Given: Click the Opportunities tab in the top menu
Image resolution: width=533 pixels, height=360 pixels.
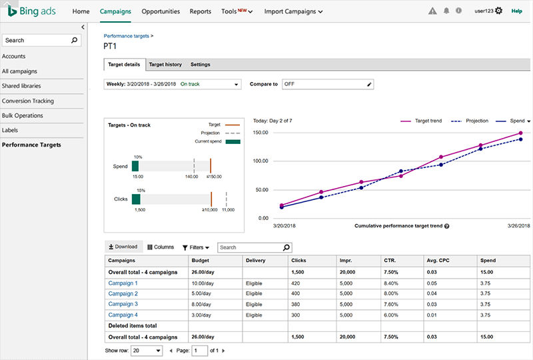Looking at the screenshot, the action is click(x=161, y=11).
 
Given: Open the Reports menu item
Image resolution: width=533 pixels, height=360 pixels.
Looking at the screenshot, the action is click(x=201, y=11).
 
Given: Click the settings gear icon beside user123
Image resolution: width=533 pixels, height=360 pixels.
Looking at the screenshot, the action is click(x=498, y=11).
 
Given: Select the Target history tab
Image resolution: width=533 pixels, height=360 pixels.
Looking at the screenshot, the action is click(x=165, y=64).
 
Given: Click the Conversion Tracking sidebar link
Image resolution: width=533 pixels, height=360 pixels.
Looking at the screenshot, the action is click(x=28, y=101).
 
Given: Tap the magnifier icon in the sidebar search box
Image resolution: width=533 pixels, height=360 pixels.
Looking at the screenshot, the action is click(x=74, y=40).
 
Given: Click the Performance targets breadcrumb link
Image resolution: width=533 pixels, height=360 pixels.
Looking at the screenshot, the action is click(x=127, y=36).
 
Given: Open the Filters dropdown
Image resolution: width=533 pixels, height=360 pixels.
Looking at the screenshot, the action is click(x=196, y=247).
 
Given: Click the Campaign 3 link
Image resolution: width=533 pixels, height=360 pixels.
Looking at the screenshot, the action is click(x=123, y=304).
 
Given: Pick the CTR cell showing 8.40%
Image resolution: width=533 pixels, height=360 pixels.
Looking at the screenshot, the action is click(x=391, y=283).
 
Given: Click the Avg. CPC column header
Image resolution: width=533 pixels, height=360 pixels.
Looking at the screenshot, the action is click(x=438, y=260).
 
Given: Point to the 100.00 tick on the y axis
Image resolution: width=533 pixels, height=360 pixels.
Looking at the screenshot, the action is click(x=261, y=161).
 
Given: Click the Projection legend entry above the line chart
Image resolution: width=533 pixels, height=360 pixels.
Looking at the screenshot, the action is click(x=470, y=121).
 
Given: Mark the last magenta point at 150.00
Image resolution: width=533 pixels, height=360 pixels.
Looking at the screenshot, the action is click(x=520, y=133).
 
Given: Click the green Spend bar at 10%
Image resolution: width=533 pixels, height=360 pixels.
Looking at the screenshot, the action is click(x=135, y=166).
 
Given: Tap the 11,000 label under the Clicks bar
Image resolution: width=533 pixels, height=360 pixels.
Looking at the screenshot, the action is click(x=228, y=209).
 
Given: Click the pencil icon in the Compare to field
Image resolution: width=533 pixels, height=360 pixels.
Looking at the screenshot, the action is click(x=369, y=85).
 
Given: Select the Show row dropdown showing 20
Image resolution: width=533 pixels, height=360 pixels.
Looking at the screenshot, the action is click(x=147, y=351).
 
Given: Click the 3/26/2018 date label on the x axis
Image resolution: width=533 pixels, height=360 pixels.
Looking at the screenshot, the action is click(x=519, y=225).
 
